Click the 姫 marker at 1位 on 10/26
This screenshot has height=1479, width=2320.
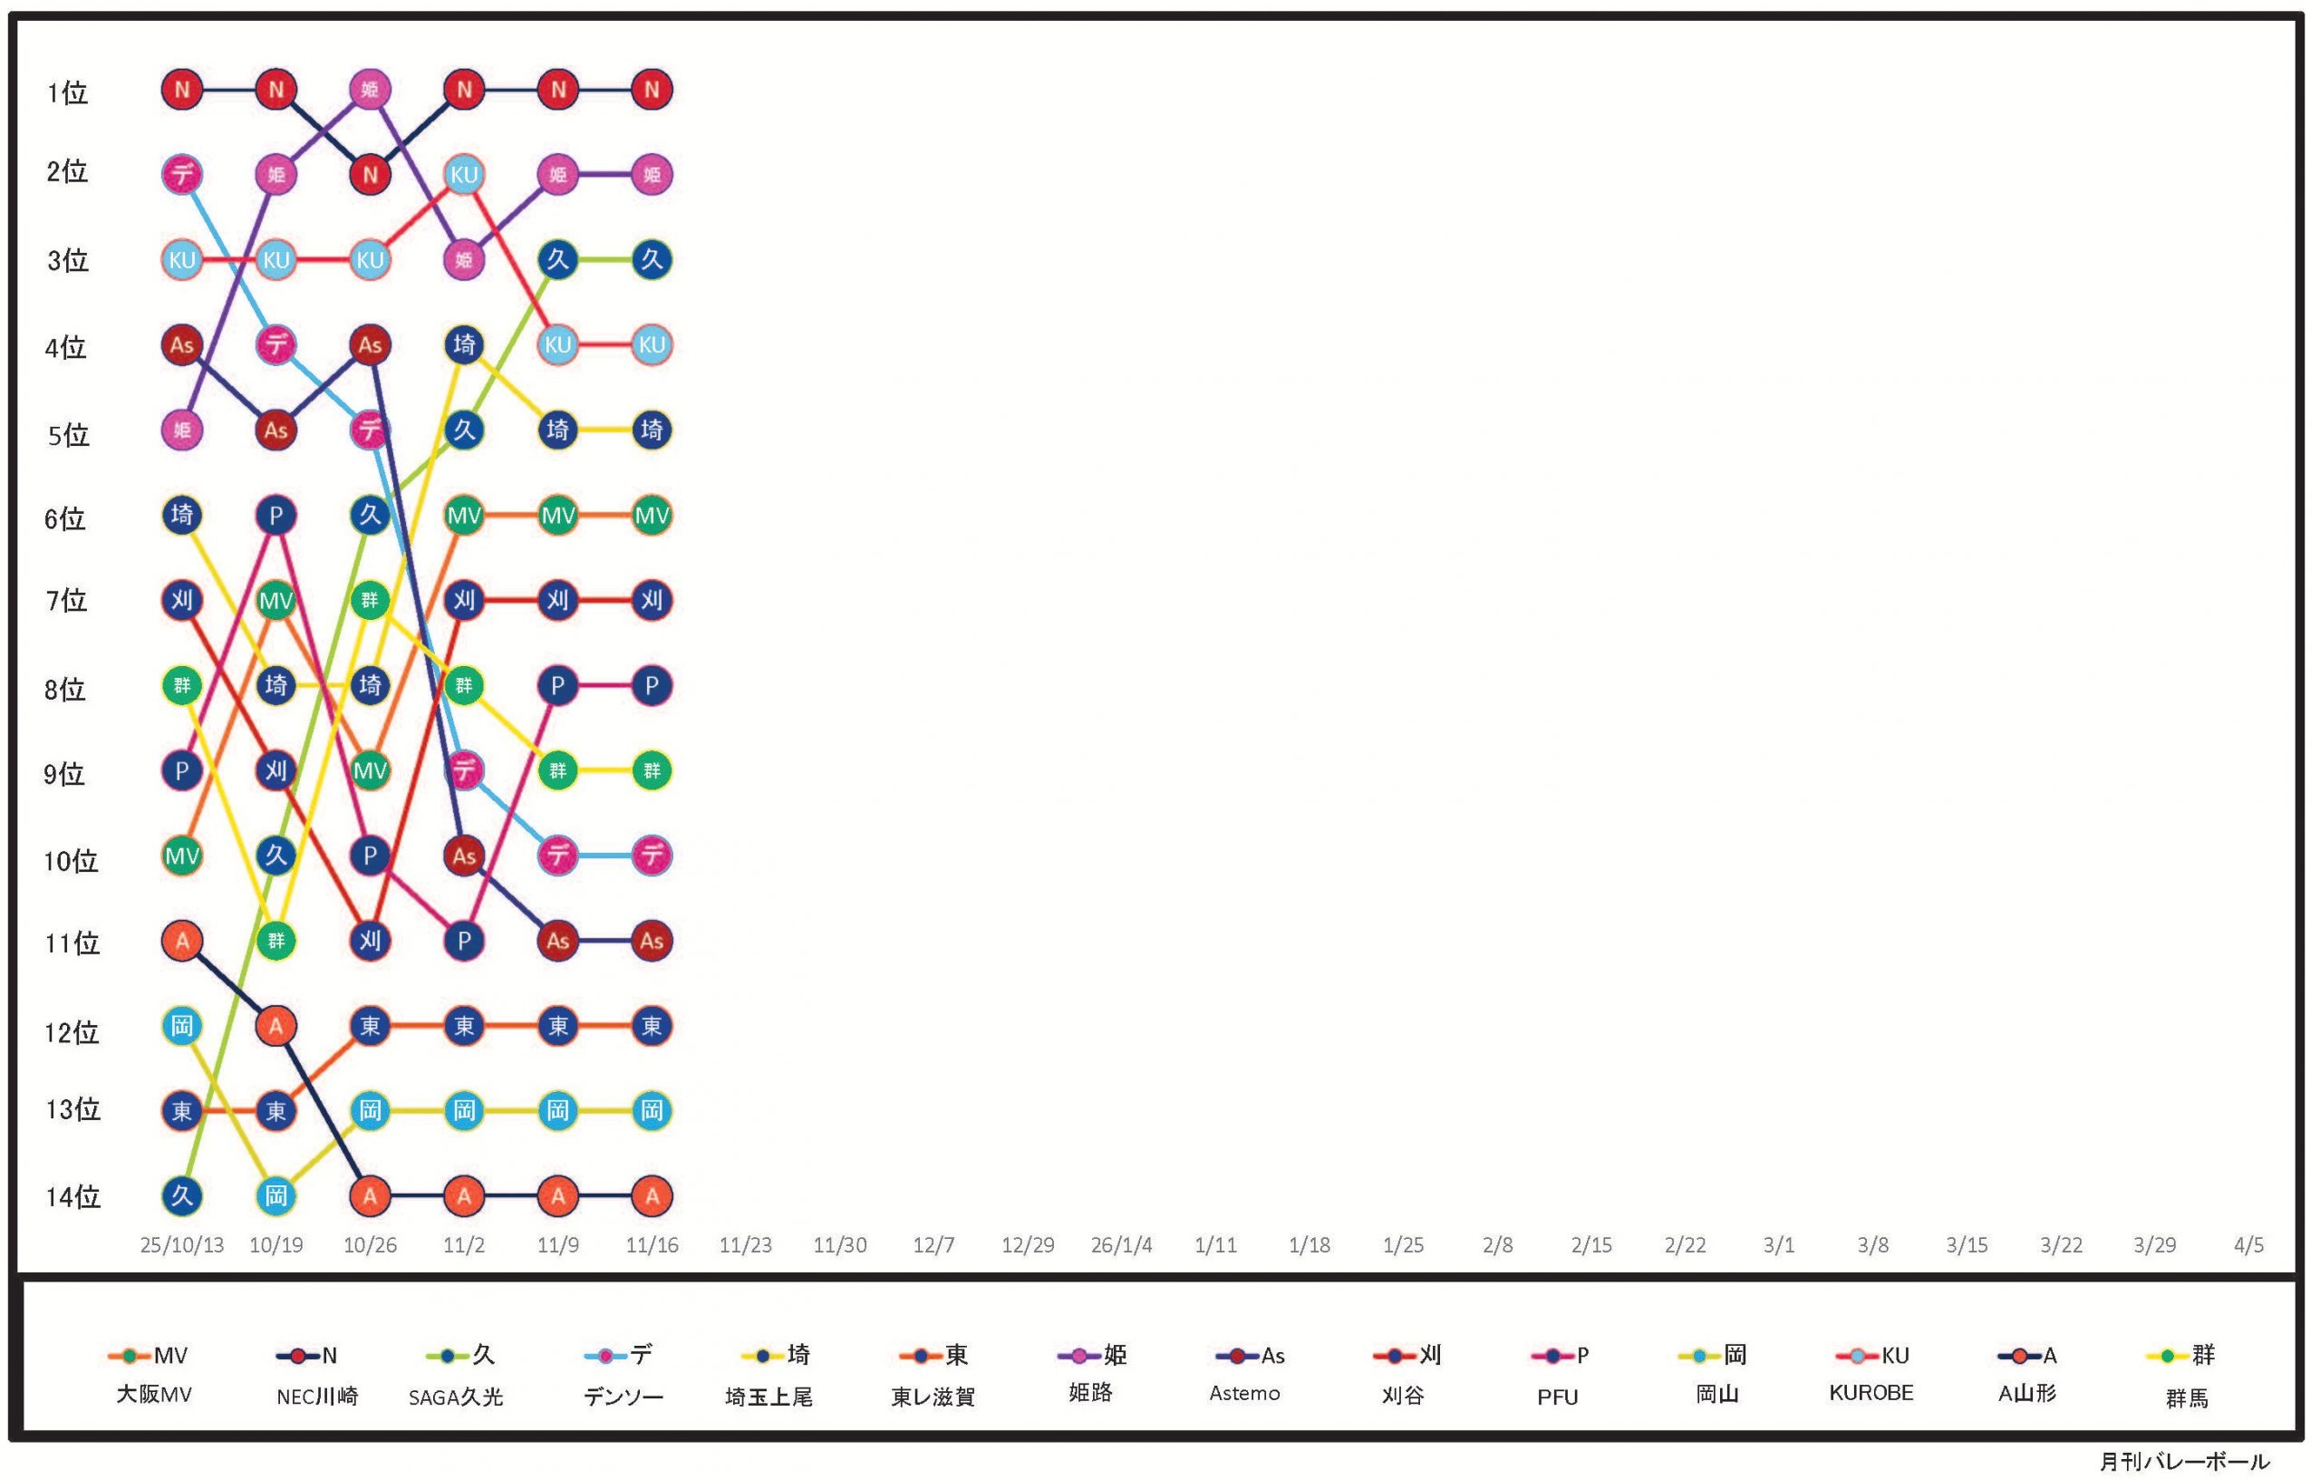[370, 90]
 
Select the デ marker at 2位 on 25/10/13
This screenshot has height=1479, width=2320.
[182, 174]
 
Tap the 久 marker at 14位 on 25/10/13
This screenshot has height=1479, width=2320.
[182, 1195]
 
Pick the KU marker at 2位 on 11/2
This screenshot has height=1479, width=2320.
[464, 174]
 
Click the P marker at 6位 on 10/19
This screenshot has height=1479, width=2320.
[276, 516]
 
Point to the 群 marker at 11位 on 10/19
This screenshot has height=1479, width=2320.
[276, 941]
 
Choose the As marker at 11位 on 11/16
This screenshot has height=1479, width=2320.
[652, 941]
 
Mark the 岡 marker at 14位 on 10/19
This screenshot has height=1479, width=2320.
[276, 1195]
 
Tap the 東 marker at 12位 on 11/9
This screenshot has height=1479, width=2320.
[558, 1025]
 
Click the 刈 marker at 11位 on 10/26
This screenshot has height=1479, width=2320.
[370, 941]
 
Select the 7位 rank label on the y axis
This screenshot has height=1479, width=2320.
[66, 601]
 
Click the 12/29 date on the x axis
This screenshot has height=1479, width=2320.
[1028, 1245]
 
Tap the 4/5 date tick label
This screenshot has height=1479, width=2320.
[2248, 1245]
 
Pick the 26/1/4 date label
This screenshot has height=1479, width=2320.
[1121, 1245]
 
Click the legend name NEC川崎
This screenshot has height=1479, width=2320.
[317, 1397]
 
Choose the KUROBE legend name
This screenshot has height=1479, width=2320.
[1871, 1393]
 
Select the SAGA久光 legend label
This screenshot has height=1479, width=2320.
[456, 1397]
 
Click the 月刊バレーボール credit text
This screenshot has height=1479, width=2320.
[2184, 1461]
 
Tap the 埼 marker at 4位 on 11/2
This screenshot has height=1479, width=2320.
[464, 345]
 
